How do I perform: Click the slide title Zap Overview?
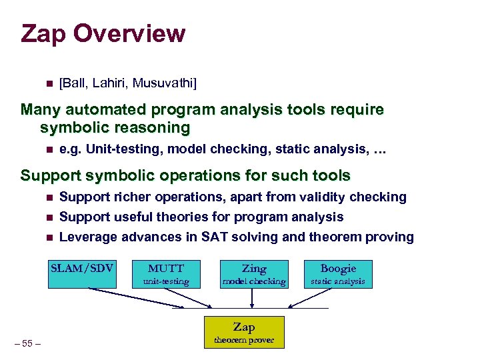tap(103, 33)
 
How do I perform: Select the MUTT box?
tap(165, 273)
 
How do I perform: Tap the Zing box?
tap(253, 274)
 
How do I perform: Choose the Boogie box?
tap(338, 274)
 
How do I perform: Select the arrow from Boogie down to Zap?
tap(312, 298)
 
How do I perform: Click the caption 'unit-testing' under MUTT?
tap(165, 281)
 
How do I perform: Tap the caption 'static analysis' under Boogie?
tap(338, 281)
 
